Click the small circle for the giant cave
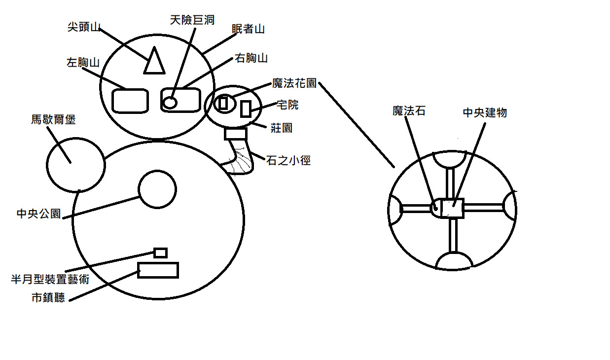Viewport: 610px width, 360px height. pos(170,103)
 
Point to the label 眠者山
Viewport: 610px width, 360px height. pos(248,29)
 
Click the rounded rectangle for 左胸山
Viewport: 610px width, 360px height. pos(130,100)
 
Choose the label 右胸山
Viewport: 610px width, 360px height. pos(251,58)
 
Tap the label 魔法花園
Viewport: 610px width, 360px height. pos(294,83)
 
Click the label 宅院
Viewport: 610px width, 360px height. pos(288,105)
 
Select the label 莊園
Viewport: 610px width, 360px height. pos(281,128)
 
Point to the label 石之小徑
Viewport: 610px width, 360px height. pos(288,160)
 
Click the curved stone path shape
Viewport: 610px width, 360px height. pos(241,159)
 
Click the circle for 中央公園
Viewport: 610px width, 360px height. pos(157,189)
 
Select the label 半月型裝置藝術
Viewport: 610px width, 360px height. pos(50,280)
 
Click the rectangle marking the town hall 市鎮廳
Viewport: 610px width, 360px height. pos(158,270)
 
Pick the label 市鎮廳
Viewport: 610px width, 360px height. pos(48,298)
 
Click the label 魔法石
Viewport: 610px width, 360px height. pos(409,111)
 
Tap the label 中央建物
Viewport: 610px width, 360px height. pos(485,112)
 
